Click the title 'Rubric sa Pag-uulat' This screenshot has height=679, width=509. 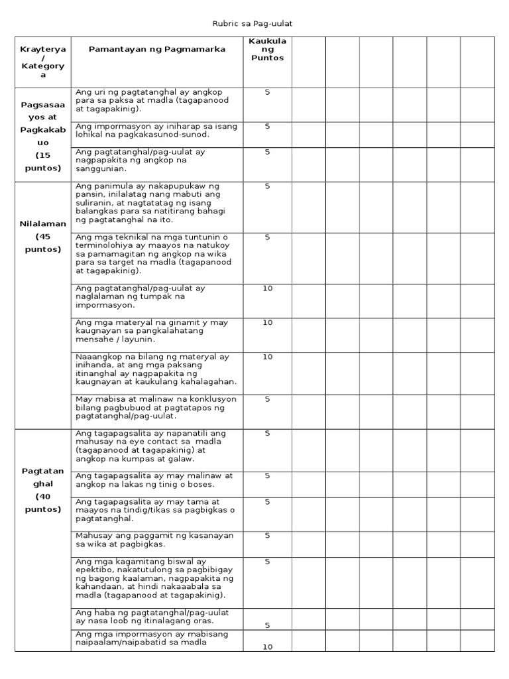252,24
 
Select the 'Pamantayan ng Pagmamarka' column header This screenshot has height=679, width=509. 157,49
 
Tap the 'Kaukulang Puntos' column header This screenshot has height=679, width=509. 267,49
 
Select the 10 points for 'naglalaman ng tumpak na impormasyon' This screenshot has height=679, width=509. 267,288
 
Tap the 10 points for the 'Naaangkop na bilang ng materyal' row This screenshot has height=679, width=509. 267,357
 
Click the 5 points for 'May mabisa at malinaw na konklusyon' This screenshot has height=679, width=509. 267,399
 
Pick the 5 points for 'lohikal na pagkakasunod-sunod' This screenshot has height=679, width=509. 267,126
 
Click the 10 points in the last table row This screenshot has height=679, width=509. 267,647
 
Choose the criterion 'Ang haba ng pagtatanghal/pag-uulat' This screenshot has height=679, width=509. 152,617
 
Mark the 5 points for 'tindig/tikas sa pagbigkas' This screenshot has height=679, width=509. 267,502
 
